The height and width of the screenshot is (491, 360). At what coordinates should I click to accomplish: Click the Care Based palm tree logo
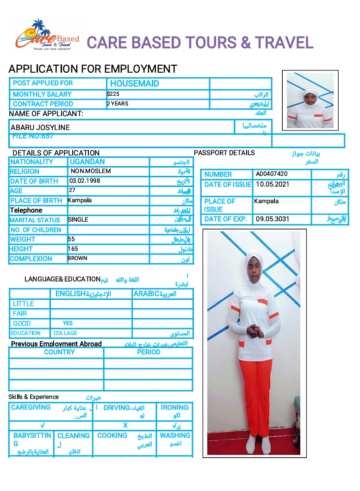coord(46,35)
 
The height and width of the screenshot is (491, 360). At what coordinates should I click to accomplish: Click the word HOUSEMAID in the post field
coord(134,84)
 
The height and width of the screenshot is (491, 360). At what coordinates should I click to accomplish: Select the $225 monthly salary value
coord(113,94)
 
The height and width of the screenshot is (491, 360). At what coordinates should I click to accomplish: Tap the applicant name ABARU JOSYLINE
coord(40,127)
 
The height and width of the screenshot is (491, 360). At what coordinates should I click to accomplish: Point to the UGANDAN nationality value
coord(87,162)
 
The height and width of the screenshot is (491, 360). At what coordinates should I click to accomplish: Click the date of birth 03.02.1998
coord(85,181)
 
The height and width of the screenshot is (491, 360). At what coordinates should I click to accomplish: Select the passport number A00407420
coord(272,174)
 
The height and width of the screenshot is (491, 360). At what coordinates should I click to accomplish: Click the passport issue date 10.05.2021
coord(272,184)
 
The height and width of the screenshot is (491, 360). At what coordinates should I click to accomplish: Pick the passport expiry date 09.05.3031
coord(272,219)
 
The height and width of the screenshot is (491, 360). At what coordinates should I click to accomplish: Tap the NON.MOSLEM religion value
coord(91,171)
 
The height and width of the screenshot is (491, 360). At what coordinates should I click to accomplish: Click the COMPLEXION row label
coord(31,259)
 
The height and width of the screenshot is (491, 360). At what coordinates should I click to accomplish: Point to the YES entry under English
coord(68,323)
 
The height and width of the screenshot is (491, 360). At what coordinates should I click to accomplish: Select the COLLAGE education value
coord(65,333)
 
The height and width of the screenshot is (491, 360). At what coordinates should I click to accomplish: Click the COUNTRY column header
coord(59,352)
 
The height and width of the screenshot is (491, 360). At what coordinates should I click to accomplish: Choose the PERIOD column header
coord(149,352)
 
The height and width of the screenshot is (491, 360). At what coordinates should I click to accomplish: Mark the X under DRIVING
coord(125,425)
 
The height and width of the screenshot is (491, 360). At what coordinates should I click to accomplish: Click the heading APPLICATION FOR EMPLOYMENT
coord(93,69)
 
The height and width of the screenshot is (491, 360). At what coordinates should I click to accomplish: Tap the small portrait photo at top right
coord(310,100)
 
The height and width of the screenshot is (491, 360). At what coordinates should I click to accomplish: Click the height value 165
coord(73,249)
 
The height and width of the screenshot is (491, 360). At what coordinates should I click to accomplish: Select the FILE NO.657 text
coord(33,136)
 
